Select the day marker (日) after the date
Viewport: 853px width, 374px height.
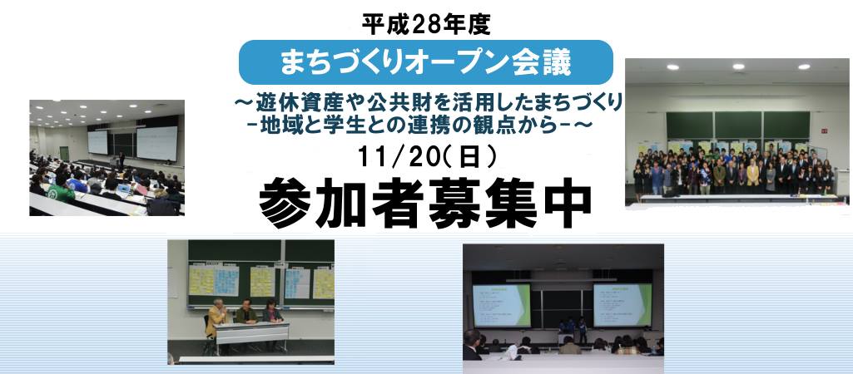(473, 155)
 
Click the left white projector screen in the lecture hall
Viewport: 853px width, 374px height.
(98, 140)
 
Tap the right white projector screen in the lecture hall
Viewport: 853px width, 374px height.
(157, 138)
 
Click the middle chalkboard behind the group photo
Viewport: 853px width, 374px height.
(739, 125)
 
